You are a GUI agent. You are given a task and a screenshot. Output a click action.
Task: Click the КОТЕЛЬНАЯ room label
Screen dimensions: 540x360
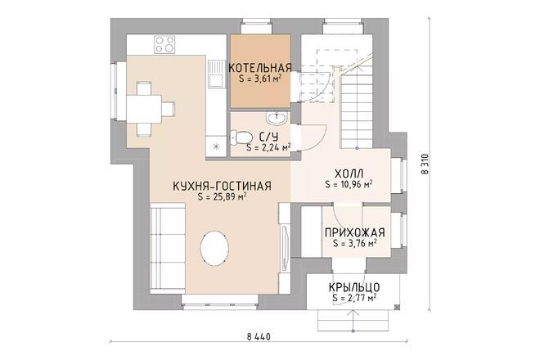point(260,68)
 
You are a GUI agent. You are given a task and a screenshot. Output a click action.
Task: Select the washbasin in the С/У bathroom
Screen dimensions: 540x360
point(276,118)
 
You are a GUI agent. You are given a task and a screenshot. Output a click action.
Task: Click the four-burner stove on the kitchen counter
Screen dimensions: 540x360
point(164,44)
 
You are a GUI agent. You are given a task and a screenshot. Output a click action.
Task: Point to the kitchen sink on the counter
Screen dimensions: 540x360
point(216,74)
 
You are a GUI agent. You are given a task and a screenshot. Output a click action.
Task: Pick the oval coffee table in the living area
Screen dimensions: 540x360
point(215,248)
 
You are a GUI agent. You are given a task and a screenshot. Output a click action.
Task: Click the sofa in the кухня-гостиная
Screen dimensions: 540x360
point(168,248)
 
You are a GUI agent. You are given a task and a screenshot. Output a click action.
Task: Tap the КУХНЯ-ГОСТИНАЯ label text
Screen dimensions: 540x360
point(222,187)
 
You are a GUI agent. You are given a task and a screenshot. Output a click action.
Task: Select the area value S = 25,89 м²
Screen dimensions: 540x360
point(222,197)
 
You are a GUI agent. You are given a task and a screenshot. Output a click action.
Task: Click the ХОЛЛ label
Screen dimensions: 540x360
point(349,173)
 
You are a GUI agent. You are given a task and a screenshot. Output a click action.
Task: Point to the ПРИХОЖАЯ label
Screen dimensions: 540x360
point(355,232)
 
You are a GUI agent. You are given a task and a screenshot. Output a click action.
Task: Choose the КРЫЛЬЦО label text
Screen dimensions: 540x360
point(354,287)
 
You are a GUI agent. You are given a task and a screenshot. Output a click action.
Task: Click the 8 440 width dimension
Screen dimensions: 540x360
point(259,336)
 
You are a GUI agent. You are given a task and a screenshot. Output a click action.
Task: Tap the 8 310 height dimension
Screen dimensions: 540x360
point(425,164)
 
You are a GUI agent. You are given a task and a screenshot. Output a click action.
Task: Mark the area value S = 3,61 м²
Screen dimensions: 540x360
point(259,79)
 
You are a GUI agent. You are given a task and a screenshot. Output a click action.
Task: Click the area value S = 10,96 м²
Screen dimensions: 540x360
point(349,184)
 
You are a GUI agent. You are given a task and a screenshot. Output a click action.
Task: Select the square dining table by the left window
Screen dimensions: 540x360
point(144,109)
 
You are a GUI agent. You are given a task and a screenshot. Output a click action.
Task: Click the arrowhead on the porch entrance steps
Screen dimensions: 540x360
point(353,313)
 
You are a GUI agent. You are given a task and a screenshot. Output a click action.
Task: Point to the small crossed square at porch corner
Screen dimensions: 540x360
point(397,307)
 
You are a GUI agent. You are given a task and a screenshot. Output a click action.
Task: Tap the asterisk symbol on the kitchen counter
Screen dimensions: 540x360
point(216,146)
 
